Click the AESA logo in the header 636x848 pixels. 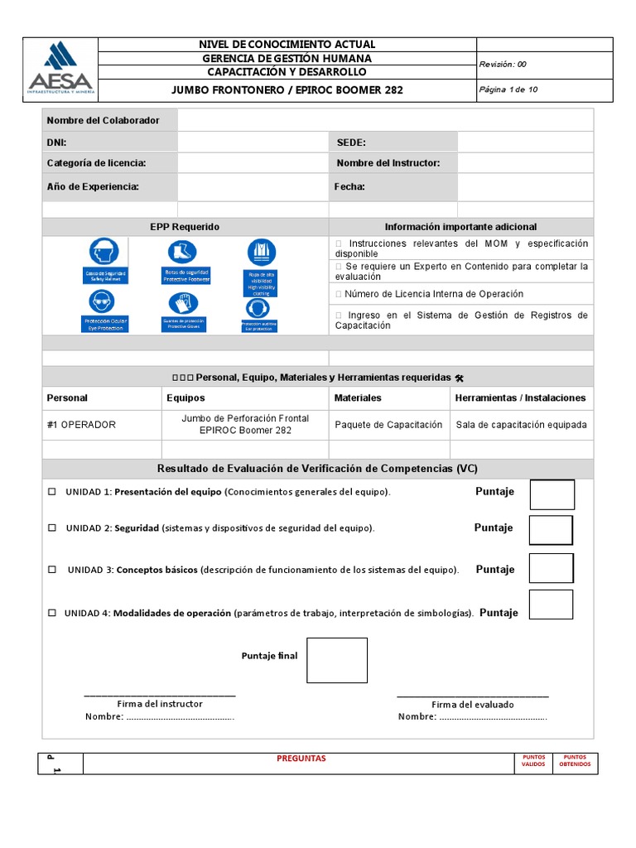click(60, 70)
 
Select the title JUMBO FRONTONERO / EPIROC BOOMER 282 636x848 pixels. click(287, 89)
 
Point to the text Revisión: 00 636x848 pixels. click(503, 64)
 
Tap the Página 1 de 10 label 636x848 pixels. click(508, 89)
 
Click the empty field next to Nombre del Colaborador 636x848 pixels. click(385, 120)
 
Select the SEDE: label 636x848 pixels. click(351, 142)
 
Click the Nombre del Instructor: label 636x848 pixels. click(388, 163)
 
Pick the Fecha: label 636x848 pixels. click(349, 186)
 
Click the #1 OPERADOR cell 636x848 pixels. click(82, 425)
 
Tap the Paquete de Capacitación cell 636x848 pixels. click(388, 425)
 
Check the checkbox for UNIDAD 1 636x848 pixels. click(51, 492)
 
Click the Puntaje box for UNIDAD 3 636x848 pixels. click(551, 568)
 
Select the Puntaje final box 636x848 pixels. click(337, 660)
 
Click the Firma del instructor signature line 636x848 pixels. click(160, 694)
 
